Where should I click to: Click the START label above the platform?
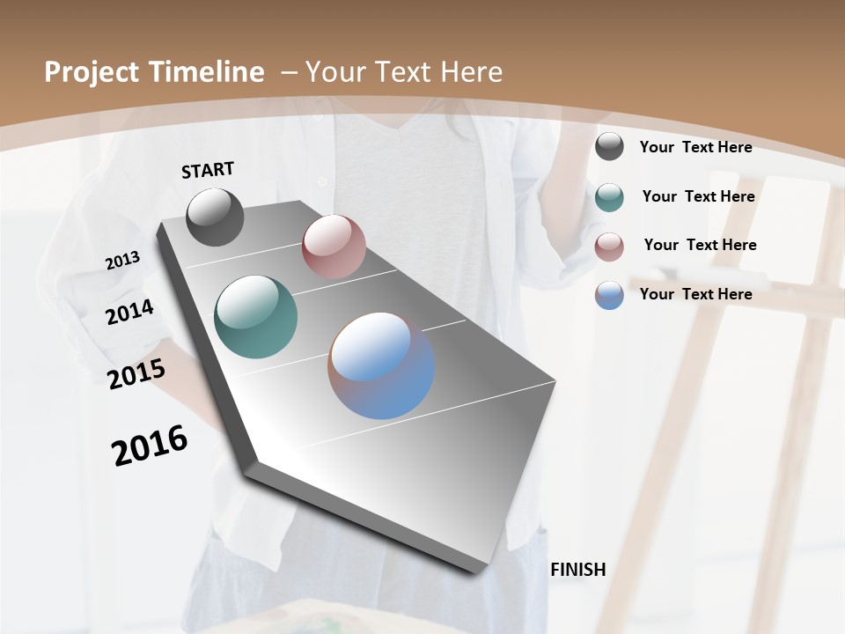click(208, 169)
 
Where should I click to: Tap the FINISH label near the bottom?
click(578, 570)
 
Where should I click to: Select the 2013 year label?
click(122, 261)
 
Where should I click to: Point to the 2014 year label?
click(129, 312)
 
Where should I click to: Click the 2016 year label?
click(150, 446)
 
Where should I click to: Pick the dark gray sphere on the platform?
click(215, 217)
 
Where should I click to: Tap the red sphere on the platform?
click(334, 247)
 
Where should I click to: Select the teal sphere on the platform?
click(256, 317)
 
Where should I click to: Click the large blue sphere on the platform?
click(381, 365)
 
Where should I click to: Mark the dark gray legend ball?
click(609, 147)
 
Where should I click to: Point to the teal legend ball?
click(609, 197)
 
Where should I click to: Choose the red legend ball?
click(609, 247)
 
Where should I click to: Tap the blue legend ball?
click(609, 295)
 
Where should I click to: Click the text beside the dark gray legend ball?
click(696, 147)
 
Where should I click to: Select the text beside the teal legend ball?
click(699, 196)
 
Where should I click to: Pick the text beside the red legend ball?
click(701, 245)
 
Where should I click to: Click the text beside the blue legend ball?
click(696, 294)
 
